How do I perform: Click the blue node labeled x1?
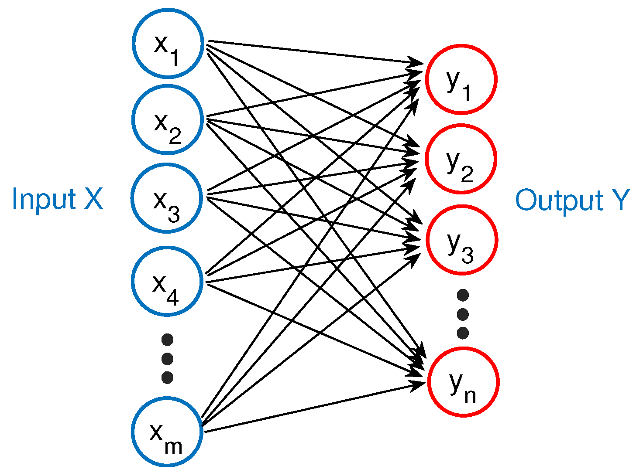click(x=168, y=43)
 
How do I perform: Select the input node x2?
click(x=168, y=119)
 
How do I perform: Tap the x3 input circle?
click(x=167, y=198)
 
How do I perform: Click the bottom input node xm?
click(x=168, y=432)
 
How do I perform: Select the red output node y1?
click(x=461, y=79)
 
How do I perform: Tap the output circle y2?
click(x=461, y=159)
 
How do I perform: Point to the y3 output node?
click(x=462, y=240)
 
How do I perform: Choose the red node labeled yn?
click(x=463, y=382)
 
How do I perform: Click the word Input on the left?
click(x=44, y=199)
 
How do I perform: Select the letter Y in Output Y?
click(x=620, y=200)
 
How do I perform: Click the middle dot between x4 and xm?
click(x=167, y=358)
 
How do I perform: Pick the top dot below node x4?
click(x=167, y=339)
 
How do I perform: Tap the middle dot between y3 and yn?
click(x=463, y=314)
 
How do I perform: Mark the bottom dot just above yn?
click(x=463, y=333)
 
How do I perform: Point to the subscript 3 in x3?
click(x=174, y=214)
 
